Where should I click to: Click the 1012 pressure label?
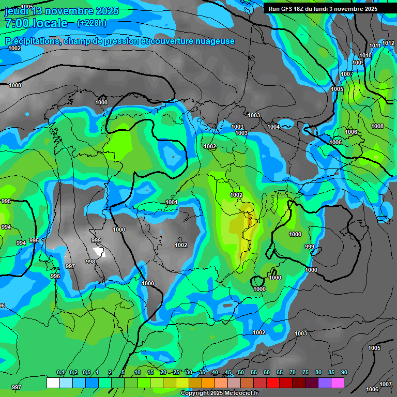pyautogui.click(x=388, y=43)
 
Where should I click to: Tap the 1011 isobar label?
pyautogui.click(x=375, y=46)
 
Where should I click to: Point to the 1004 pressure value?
pyautogui.click(x=273, y=127)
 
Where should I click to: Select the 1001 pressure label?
pyautogui.click(x=172, y=202)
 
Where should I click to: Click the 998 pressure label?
pyautogui.click(x=90, y=262)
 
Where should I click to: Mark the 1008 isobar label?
pyautogui.click(x=377, y=127)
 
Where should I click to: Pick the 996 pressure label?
pyautogui.click(x=55, y=276)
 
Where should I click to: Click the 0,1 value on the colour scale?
pyautogui.click(x=60, y=373)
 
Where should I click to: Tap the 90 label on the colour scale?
pyautogui.click(x=344, y=373)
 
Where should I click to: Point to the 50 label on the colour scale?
pyautogui.click(x=241, y=373)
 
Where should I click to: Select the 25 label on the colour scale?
pyautogui.click(x=176, y=373)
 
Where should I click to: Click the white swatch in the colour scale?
pyautogui.click(x=53, y=383)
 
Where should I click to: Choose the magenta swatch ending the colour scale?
pyautogui.click(x=338, y=383)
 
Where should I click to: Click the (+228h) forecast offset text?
pyautogui.click(x=92, y=23)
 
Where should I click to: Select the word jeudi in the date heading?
pyautogui.click(x=18, y=11)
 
